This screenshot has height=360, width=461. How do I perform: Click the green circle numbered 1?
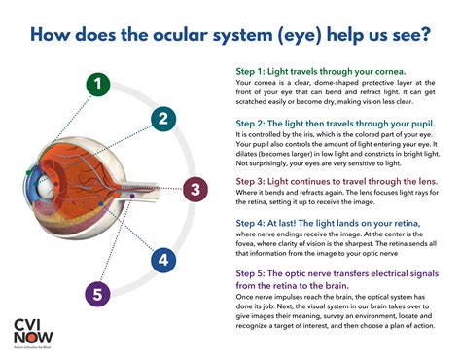click(x=96, y=84)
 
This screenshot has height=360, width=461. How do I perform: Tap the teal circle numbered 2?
click(x=163, y=120)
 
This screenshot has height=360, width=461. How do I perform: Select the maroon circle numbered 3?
click(x=195, y=189)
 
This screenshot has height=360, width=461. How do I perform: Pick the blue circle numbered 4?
click(x=163, y=259)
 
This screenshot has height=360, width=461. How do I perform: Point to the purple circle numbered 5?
click(x=96, y=294)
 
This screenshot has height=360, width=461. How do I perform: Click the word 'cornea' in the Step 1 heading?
click(x=387, y=72)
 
